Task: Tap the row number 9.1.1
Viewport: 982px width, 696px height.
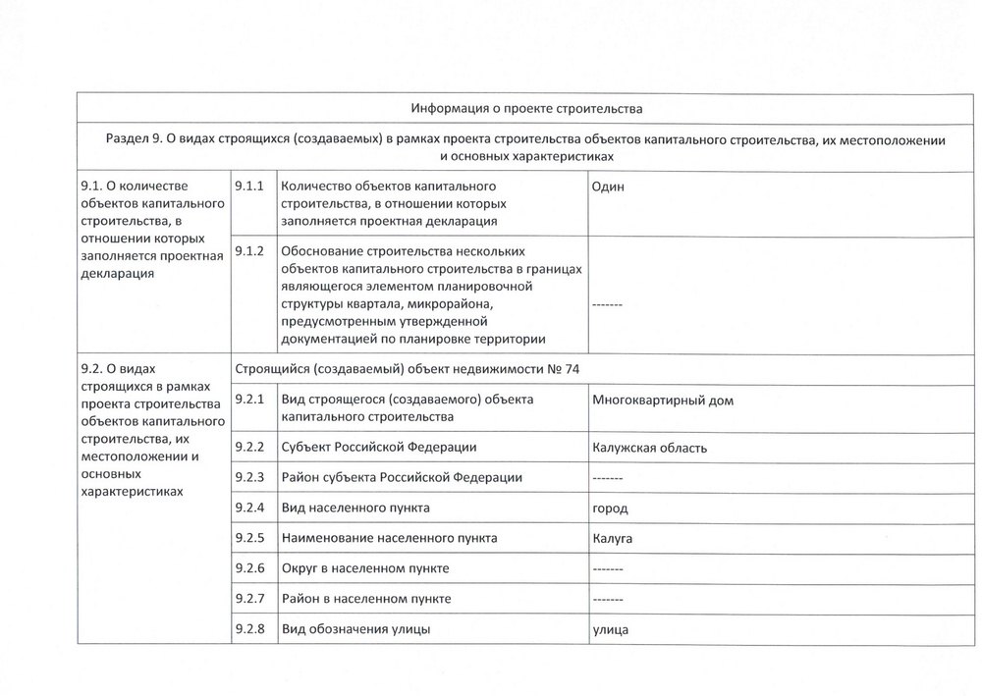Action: (x=250, y=186)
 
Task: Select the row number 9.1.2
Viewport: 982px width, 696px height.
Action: (x=250, y=250)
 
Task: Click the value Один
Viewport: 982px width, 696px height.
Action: (x=608, y=187)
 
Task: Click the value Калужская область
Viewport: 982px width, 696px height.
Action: (x=650, y=449)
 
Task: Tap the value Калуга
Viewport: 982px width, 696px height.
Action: (x=613, y=539)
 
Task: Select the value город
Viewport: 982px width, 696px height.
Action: (x=610, y=509)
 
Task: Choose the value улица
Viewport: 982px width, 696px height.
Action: (x=610, y=629)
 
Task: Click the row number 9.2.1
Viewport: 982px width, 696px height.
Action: (x=250, y=400)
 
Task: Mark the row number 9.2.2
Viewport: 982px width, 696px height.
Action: (x=250, y=448)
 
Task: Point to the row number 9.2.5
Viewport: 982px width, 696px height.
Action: (x=250, y=538)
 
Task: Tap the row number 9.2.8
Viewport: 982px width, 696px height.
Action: (x=250, y=628)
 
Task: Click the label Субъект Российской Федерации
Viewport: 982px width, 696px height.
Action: (x=379, y=448)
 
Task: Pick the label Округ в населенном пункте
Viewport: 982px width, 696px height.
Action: (x=365, y=568)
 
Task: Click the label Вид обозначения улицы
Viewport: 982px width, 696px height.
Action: (x=355, y=628)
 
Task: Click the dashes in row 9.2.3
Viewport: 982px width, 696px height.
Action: (x=607, y=478)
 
